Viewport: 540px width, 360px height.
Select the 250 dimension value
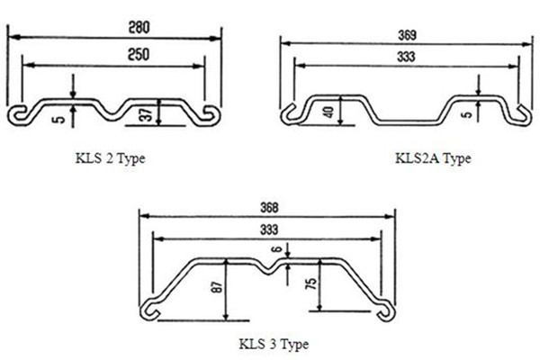[x=113, y=54]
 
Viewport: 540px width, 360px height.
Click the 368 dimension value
[x=266, y=203]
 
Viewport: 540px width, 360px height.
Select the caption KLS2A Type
[x=433, y=158]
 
